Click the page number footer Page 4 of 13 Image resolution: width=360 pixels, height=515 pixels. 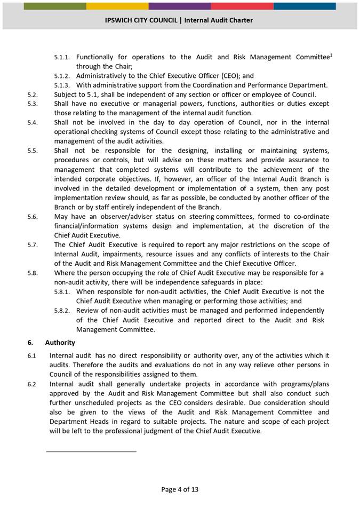(180, 489)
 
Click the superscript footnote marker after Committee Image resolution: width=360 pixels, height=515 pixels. (331, 54)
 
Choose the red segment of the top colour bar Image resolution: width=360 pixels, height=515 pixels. (242, 6)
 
